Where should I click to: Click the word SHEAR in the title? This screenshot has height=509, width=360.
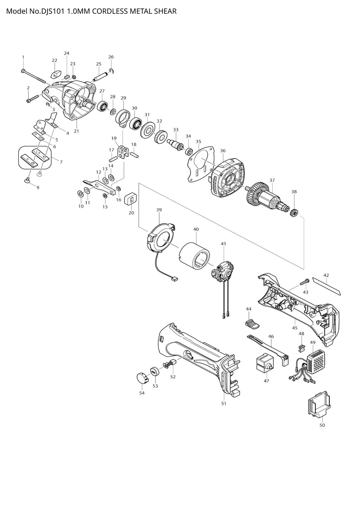165,11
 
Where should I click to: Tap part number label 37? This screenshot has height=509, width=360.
272,180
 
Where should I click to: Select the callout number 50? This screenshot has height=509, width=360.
322,425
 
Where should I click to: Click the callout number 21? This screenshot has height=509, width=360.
76,131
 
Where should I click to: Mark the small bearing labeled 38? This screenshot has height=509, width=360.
294,212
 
